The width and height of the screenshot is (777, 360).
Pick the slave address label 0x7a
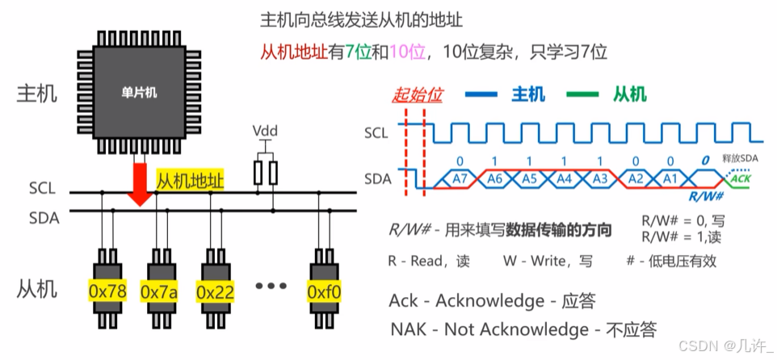pos(159,290)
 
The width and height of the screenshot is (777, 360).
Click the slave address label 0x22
pos(215,290)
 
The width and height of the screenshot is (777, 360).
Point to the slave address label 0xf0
pos(325,290)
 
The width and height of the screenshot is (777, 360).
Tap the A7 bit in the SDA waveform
pos(460,178)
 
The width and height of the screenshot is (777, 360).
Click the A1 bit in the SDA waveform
pos(670,178)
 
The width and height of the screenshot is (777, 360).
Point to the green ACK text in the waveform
pos(741,178)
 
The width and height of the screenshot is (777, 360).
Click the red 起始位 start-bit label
pos(418,94)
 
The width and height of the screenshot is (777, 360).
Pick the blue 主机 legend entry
pos(529,94)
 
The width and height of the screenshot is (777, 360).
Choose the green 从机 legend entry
pos(629,94)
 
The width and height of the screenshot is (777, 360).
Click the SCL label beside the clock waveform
pos(380,132)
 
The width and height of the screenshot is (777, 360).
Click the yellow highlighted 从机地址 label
pos(190,182)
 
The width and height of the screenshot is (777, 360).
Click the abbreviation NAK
pos(409,329)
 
